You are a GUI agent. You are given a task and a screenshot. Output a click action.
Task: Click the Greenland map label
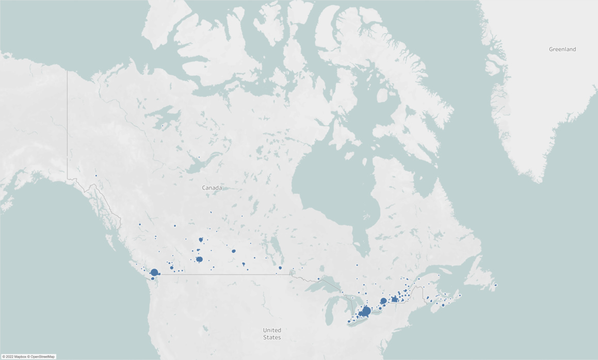point(562,49)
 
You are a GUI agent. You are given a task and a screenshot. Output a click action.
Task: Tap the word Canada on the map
point(212,188)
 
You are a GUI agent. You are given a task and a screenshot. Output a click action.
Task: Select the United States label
point(272,333)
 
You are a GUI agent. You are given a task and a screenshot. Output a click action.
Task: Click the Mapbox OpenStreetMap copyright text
point(28,356)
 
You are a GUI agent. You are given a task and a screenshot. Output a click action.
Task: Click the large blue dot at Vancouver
point(154,272)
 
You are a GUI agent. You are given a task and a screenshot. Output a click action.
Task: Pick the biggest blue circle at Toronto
point(366,311)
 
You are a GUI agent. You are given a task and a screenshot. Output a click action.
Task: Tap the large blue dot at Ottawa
point(383,301)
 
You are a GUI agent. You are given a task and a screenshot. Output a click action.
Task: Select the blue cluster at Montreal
point(395,299)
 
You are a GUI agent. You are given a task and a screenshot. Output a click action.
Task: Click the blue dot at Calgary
point(199,259)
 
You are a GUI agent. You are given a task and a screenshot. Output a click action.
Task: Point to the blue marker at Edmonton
point(201,240)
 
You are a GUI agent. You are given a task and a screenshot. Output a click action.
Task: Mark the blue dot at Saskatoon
point(234,251)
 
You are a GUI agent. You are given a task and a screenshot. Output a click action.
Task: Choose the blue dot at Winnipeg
point(280,268)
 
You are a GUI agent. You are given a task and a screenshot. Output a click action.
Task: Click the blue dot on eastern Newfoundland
point(496,285)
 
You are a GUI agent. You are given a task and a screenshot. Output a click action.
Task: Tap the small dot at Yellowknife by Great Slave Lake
point(199,157)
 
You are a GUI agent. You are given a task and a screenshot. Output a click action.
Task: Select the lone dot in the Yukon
point(96,175)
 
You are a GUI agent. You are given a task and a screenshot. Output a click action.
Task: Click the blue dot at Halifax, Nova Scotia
point(443,305)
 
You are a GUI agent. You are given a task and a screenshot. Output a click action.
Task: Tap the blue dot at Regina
point(244,264)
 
